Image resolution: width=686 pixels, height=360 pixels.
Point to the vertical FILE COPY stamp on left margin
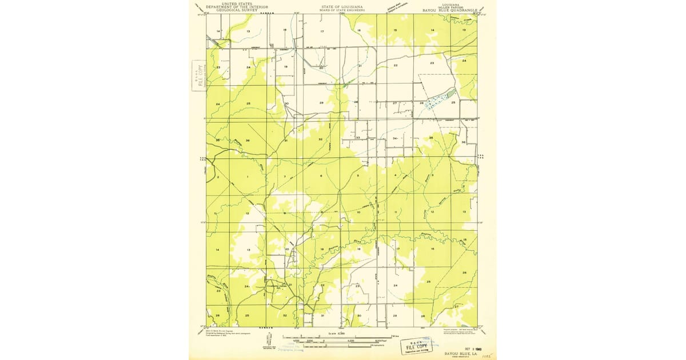[200, 75]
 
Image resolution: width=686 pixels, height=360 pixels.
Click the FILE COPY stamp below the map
[416, 346]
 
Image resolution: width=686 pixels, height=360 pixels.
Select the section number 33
[358, 138]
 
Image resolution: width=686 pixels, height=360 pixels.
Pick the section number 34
[395, 138]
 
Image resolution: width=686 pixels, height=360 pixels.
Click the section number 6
[321, 176]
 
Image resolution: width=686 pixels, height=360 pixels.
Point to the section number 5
[358, 175]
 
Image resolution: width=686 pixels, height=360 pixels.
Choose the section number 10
[358, 212]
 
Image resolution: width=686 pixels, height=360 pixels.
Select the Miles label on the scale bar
[394, 334]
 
